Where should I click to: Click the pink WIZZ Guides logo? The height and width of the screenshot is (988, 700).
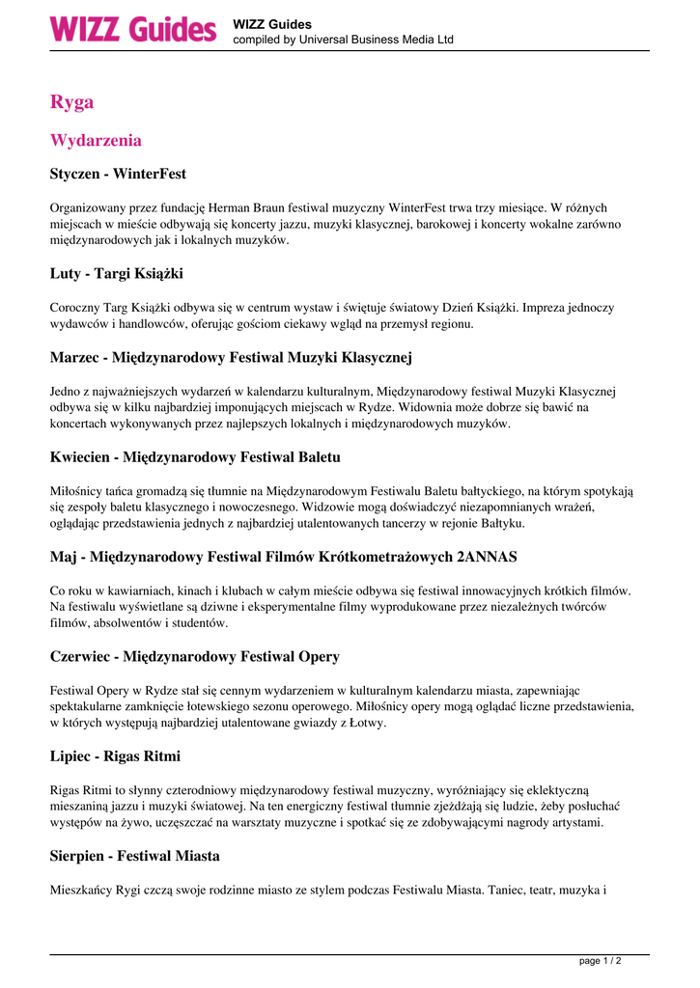(133, 29)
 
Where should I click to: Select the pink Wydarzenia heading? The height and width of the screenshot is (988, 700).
(96, 141)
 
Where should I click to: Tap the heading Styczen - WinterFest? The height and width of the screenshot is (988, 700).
(118, 175)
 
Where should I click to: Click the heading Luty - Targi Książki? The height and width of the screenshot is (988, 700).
(116, 274)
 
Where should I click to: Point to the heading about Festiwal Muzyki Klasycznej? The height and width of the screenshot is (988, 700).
(231, 358)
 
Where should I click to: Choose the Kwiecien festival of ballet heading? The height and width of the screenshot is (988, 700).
(194, 457)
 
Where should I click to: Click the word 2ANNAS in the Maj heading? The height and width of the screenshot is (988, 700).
(487, 557)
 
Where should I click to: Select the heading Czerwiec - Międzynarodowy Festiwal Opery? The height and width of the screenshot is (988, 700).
(194, 657)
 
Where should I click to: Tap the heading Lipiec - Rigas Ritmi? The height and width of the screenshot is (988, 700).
(115, 756)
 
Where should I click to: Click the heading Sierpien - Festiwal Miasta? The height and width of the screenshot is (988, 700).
(134, 856)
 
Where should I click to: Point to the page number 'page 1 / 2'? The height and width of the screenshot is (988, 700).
(600, 961)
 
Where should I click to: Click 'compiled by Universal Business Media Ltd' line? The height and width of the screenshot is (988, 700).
(343, 41)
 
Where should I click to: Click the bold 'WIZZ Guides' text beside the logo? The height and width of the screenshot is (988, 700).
(272, 24)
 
